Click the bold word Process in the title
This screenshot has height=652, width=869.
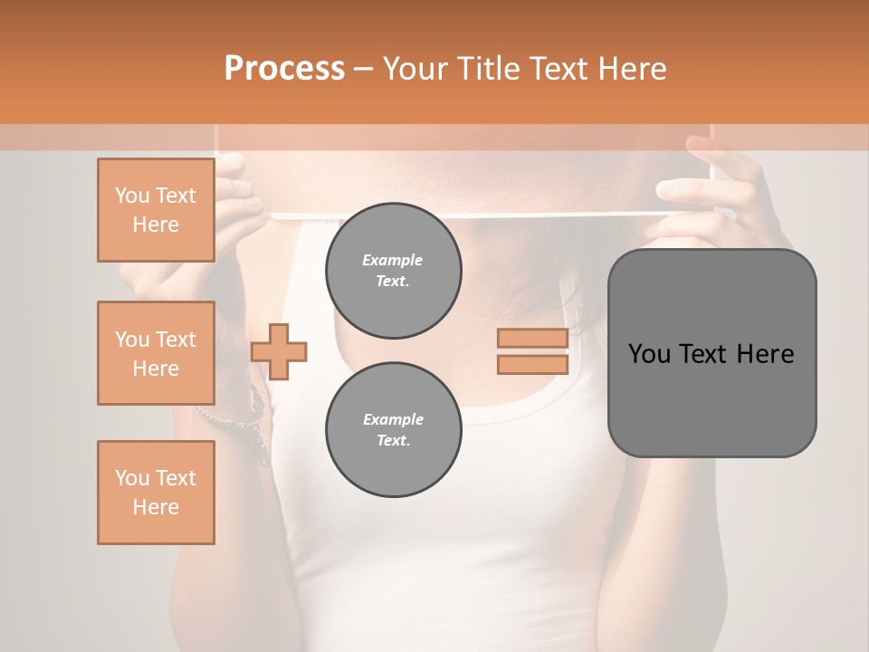coord(284,69)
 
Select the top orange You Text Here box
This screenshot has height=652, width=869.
coord(156,210)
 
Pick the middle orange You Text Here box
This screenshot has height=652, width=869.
coord(156,353)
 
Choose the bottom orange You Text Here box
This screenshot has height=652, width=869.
coord(156,493)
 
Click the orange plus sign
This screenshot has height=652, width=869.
coord(279,351)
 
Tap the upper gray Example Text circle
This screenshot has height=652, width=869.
coord(393,271)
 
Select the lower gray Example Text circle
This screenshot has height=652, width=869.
coord(393,430)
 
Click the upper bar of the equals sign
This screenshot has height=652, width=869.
coord(532,338)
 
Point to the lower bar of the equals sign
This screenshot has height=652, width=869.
coord(532,365)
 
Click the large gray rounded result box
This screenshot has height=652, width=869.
coord(711,398)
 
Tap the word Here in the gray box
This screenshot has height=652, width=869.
coord(765,354)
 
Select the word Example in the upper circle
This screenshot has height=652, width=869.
coord(393,260)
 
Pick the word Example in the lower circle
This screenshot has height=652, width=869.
coord(393,419)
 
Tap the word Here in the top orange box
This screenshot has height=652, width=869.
coord(156,225)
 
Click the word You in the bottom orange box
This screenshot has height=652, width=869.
coord(131,478)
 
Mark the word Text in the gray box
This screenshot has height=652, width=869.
coord(702,354)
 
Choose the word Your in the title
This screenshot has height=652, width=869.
coord(415,69)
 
